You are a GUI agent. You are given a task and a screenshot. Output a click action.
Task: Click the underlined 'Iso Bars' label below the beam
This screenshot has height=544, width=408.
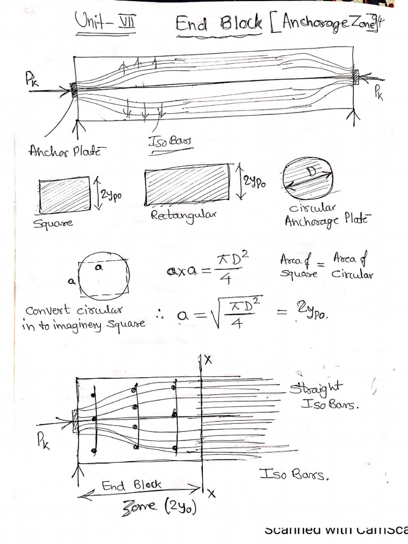[171, 142]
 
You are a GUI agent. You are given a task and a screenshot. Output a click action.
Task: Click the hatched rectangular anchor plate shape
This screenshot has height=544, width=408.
[187, 186]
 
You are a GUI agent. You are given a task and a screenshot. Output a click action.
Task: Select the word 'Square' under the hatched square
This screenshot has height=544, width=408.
[53, 223]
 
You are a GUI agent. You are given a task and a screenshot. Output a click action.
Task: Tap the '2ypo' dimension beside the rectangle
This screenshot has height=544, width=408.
[254, 182]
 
